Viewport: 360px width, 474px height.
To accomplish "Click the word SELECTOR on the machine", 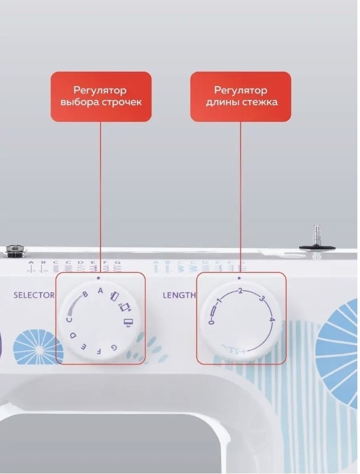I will [34, 294].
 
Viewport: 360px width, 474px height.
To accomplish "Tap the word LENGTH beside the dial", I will [179, 295].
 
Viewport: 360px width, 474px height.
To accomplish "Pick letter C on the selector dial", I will [69, 320].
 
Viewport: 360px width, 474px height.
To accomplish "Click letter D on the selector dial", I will [74, 336].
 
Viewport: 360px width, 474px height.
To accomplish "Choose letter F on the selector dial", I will [98, 351].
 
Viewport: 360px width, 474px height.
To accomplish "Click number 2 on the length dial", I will [240, 291].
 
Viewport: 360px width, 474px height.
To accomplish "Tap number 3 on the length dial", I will [262, 298].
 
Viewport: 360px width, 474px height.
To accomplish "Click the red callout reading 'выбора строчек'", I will [101, 96].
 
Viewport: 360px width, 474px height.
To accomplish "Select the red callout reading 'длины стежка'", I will [241, 96].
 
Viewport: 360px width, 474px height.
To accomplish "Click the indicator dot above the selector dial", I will [100, 278].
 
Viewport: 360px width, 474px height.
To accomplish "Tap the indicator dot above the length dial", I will [239, 278].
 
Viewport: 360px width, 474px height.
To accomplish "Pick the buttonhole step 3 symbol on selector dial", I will [127, 323].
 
